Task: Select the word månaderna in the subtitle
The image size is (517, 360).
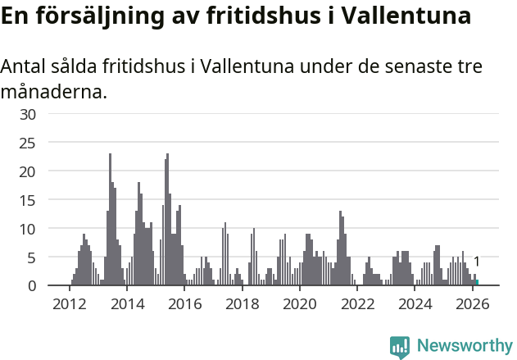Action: [53, 91]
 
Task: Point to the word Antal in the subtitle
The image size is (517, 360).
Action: [25, 66]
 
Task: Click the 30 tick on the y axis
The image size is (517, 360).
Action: [27, 114]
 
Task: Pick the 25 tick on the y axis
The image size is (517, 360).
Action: [27, 143]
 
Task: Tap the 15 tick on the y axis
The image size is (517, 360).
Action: [27, 200]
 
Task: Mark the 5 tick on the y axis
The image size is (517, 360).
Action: [31, 257]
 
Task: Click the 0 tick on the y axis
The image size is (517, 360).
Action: [31, 285]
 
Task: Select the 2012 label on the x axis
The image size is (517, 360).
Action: [69, 304]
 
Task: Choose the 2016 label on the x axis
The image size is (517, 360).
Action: [184, 304]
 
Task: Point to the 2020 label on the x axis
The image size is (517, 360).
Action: [300, 304]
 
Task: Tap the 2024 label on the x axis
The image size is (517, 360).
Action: [415, 304]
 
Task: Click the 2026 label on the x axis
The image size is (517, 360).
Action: [473, 304]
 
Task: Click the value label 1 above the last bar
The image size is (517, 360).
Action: [477, 262]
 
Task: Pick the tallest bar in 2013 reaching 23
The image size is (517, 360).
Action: [110, 221]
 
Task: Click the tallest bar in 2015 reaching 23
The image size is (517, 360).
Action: [167, 221]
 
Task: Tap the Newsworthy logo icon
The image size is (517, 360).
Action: [400, 347]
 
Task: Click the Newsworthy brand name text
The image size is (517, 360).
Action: [464, 346]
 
